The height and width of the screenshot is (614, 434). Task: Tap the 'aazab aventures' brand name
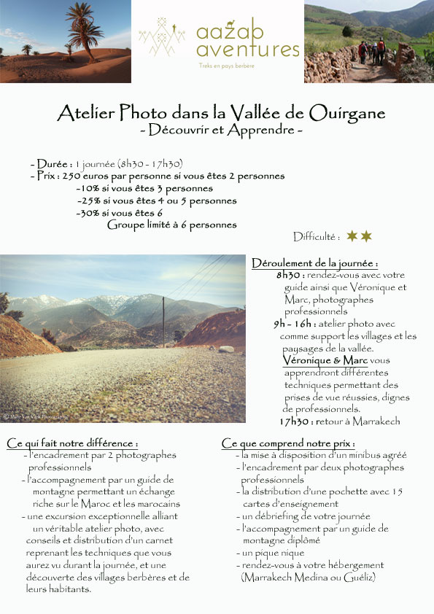click(248, 40)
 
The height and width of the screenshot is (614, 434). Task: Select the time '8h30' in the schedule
click(290, 276)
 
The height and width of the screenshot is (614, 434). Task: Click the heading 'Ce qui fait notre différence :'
click(72, 443)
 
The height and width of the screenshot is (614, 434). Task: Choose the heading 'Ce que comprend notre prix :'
click(288, 443)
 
